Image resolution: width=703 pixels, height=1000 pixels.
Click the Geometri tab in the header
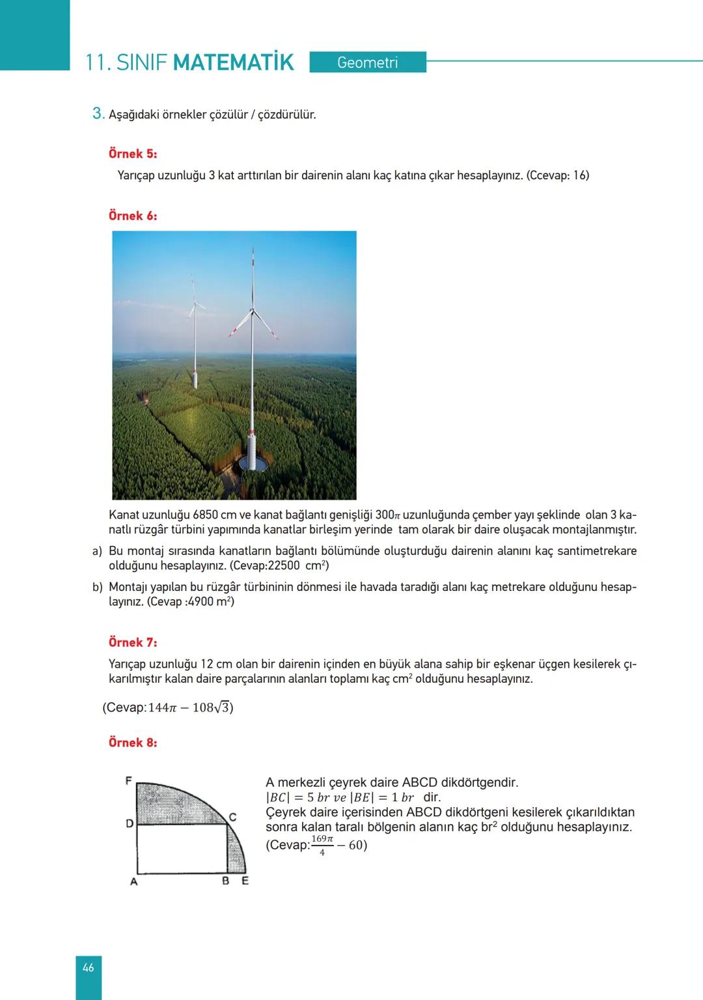tap(368, 63)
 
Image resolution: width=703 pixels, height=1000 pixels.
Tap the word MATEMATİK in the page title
tap(234, 63)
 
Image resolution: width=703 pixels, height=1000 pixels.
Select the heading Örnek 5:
tap(133, 154)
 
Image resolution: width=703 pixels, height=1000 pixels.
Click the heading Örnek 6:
tap(133, 216)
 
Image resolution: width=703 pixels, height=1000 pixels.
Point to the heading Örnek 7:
tap(133, 642)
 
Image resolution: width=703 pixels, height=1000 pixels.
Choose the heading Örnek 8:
tap(133, 743)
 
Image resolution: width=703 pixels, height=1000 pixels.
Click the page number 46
tap(89, 967)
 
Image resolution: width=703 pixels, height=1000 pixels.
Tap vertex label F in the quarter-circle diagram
tap(129, 779)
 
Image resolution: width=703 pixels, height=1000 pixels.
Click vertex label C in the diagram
tap(232, 816)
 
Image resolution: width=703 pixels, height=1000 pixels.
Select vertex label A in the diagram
tap(133, 881)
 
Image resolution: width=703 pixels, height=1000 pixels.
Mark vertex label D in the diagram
tap(129, 823)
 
